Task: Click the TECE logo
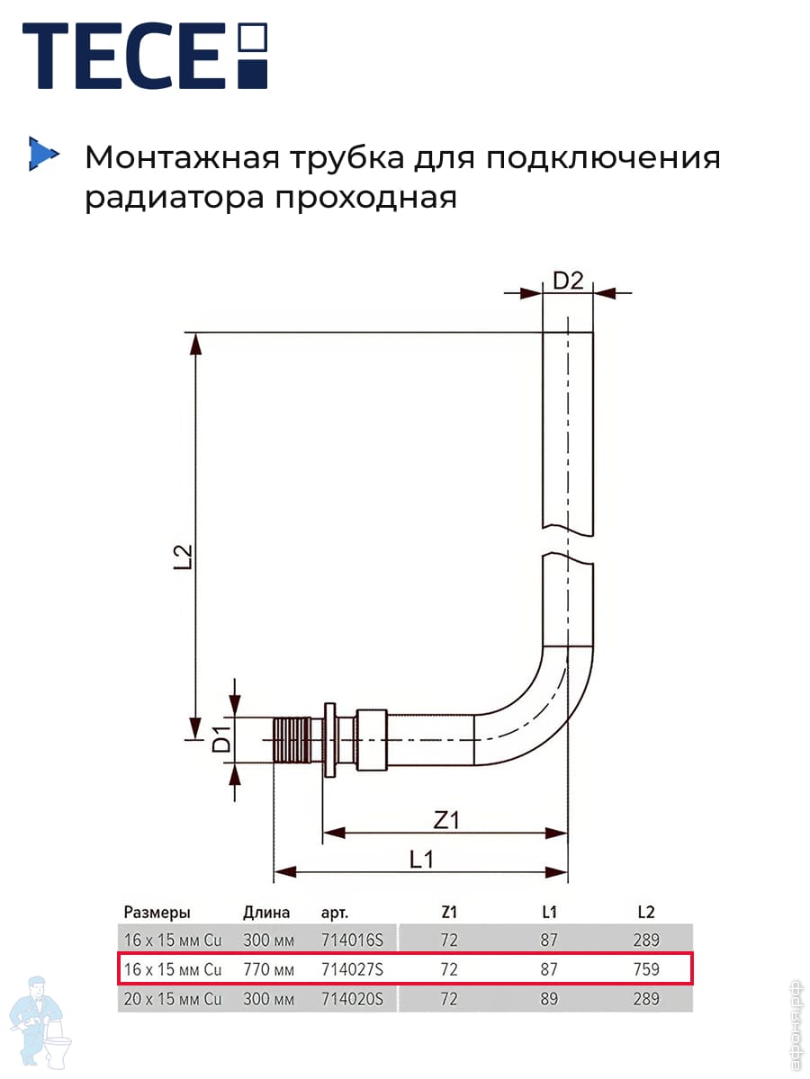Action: (145, 56)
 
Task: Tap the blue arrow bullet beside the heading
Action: (44, 154)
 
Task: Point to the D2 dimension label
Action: (568, 281)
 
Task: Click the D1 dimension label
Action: (221, 738)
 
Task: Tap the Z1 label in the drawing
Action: (446, 820)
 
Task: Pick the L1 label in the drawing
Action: (422, 860)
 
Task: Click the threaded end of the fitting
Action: (292, 740)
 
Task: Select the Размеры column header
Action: (157, 913)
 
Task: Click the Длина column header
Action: (266, 913)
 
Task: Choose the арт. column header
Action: (335, 913)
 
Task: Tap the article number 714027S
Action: (352, 969)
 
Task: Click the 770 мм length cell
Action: (268, 969)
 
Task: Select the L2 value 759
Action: (646, 969)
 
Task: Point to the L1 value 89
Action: (549, 998)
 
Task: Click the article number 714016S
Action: (352, 940)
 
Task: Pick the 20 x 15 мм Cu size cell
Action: (173, 998)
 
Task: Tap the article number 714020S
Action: (352, 998)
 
